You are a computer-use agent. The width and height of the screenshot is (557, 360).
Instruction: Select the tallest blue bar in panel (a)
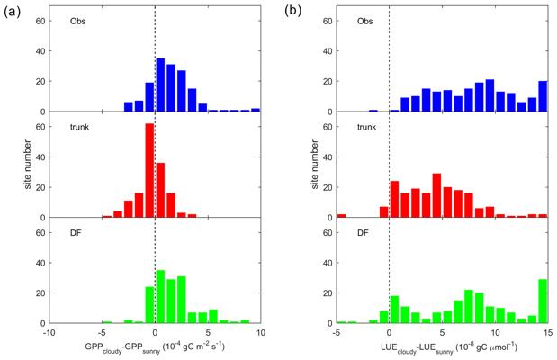pos(160,85)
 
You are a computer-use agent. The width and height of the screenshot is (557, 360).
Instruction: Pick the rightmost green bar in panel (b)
pos(542,301)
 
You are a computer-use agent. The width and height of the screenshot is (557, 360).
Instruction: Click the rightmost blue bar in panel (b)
pos(542,96)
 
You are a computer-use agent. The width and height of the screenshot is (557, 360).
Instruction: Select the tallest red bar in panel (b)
pos(436,195)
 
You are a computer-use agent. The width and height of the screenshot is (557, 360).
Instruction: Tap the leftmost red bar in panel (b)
pos(341,215)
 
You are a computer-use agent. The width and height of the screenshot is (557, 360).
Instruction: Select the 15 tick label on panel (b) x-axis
pos(546,333)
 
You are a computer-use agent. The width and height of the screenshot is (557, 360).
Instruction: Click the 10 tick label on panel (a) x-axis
pos(259,333)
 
